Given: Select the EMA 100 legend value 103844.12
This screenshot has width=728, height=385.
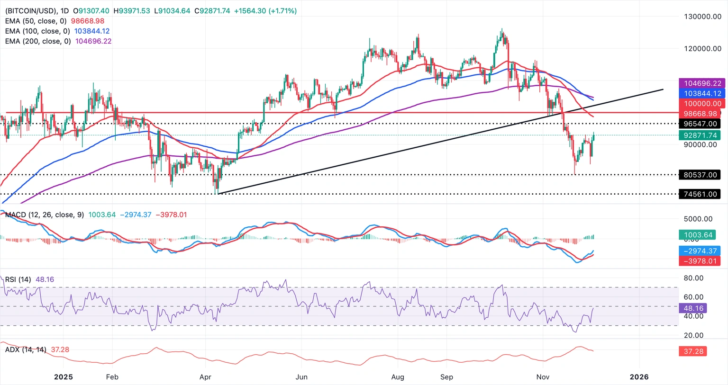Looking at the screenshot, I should point(92,31).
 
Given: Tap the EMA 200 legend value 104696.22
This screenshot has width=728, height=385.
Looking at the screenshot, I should point(93,41).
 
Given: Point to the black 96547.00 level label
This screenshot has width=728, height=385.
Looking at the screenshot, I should point(700,124).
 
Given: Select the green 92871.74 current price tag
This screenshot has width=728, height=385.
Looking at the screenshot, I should point(700,135).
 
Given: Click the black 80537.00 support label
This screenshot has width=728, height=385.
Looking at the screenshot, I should point(700,175).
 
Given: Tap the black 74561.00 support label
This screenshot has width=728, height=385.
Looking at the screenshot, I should point(700,194).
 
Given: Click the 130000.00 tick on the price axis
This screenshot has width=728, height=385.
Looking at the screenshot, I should point(702,17).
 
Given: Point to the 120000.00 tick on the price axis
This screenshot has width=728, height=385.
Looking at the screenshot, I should point(702,48).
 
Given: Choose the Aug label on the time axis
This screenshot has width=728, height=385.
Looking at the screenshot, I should point(398,377).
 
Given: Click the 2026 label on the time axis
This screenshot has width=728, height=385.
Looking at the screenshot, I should point(639,377).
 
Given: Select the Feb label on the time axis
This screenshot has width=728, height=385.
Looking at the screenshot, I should point(112,377).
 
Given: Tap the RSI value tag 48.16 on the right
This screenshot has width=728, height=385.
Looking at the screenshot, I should point(693,308).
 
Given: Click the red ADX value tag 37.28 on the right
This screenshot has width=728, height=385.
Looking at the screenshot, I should point(693,351).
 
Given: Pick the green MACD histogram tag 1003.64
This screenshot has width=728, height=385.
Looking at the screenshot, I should point(698,235).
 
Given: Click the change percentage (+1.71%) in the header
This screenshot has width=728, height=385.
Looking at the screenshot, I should point(282,10).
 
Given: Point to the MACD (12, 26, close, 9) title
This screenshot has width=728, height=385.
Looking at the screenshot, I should point(45,215).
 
